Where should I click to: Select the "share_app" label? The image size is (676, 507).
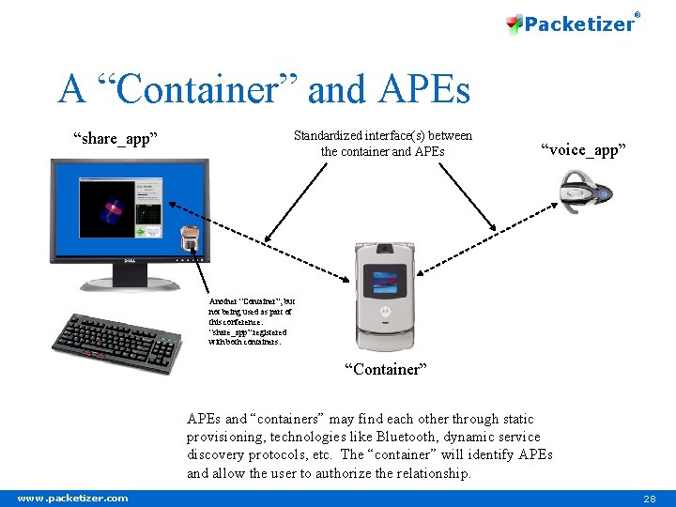pos(115,139)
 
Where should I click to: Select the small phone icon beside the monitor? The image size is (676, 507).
pos(191,239)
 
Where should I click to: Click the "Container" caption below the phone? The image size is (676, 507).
pos(385,369)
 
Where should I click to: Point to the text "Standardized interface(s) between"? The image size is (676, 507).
pos(383,135)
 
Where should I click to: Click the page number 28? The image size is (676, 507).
pos(649,498)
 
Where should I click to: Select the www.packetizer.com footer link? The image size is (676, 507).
pos(73,498)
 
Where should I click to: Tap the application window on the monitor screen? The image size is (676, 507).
pos(121,207)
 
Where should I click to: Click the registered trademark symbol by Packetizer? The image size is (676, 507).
pos(638,13)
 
